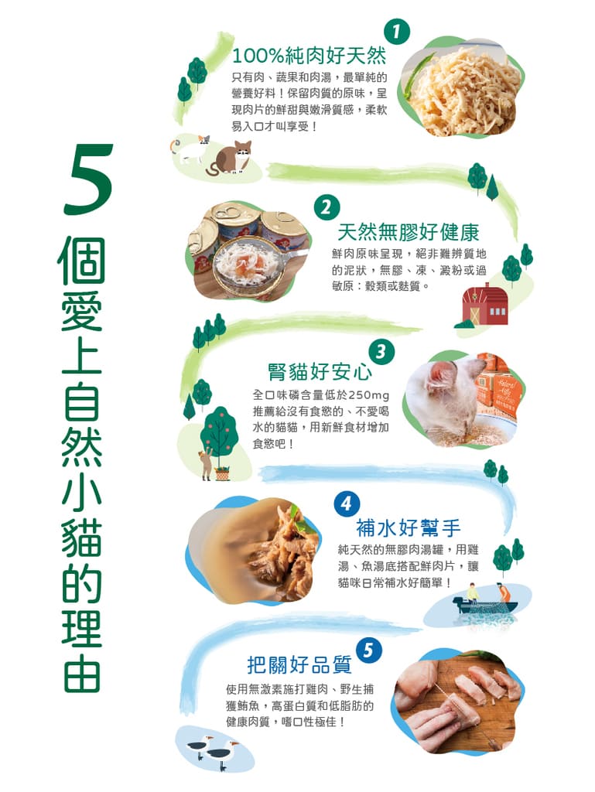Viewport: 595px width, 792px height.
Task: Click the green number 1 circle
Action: click(x=396, y=32)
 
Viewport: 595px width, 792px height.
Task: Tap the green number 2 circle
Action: click(x=327, y=207)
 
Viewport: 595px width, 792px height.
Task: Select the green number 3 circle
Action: click(x=381, y=352)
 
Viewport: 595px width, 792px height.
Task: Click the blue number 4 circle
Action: click(x=346, y=504)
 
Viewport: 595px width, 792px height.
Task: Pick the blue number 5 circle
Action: click(x=368, y=650)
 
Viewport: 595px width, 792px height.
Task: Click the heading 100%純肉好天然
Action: click(x=309, y=56)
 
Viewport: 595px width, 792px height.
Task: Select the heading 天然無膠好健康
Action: click(x=408, y=232)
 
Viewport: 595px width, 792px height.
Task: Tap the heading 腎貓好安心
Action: click(x=320, y=371)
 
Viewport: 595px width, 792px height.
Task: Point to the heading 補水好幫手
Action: click(x=408, y=527)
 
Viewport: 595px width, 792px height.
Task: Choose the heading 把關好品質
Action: click(x=299, y=664)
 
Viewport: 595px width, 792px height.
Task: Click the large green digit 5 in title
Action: click(x=89, y=179)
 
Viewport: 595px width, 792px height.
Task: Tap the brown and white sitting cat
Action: click(x=231, y=158)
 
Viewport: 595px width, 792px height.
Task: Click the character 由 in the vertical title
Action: click(x=82, y=673)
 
